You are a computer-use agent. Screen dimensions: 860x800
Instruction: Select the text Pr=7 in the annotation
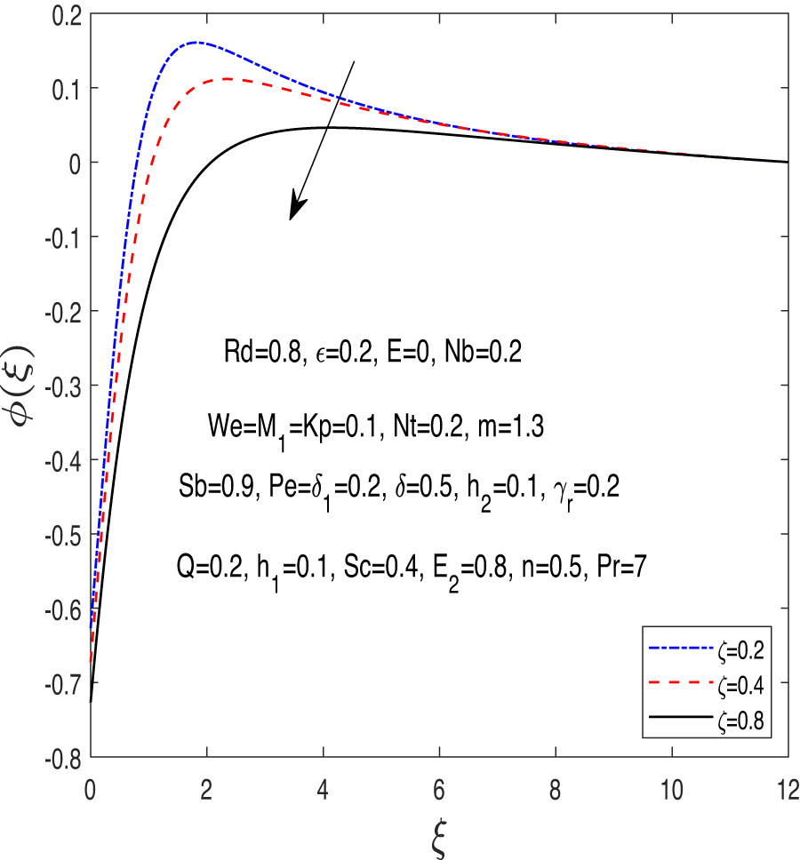[623, 564]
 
